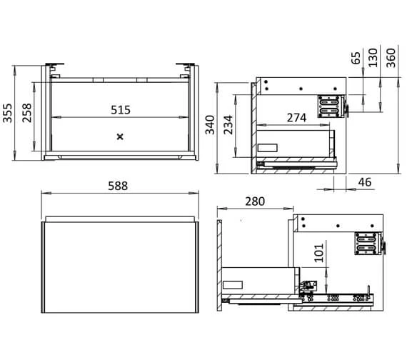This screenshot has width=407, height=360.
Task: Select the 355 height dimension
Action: (9, 112)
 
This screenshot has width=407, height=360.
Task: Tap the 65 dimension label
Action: (356, 57)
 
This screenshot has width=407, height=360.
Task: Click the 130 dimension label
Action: (373, 57)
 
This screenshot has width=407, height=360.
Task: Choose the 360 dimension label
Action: (391, 57)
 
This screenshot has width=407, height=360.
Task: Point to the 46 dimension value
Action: (365, 183)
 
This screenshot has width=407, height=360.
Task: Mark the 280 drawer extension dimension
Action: (255, 201)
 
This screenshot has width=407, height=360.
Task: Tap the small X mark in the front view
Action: (120, 135)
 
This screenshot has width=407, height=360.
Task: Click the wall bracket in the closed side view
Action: (329, 106)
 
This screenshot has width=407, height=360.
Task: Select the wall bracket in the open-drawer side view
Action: (366, 244)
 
